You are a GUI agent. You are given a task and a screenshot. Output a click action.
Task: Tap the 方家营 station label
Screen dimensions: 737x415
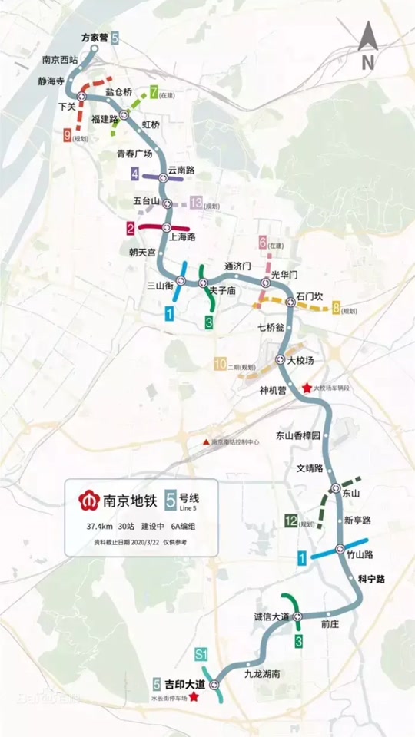(x=95, y=37)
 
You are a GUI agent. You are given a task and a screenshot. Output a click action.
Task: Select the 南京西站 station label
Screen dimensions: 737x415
(x=59, y=59)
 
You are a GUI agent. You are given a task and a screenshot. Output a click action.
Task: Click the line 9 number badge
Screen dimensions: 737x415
(x=68, y=134)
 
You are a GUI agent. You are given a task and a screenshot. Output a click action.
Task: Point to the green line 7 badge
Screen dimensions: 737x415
(x=154, y=93)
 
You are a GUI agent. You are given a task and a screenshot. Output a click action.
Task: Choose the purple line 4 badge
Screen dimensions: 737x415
(x=135, y=175)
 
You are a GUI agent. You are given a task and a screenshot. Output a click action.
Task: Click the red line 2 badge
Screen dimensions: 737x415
(x=131, y=228)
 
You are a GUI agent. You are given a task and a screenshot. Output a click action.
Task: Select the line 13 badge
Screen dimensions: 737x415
(x=196, y=203)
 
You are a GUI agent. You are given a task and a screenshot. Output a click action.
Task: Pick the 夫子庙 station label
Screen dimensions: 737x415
(x=227, y=291)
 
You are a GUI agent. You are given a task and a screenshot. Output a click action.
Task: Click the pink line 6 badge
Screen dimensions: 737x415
(x=263, y=243)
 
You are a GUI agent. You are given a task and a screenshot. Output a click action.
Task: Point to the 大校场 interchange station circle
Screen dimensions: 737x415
(x=281, y=359)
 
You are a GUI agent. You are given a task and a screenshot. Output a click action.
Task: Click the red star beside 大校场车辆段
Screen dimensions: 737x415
(x=307, y=388)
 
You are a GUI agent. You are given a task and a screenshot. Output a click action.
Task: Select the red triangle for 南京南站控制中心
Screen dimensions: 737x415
(x=205, y=442)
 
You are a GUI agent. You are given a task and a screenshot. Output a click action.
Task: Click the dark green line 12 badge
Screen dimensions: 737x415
(x=291, y=522)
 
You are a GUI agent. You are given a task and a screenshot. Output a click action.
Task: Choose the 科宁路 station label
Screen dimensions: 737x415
(x=371, y=577)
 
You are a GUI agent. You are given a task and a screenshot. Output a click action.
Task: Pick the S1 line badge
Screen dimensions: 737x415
(x=202, y=654)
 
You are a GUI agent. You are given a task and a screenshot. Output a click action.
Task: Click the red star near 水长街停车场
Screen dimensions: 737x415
(x=194, y=697)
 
